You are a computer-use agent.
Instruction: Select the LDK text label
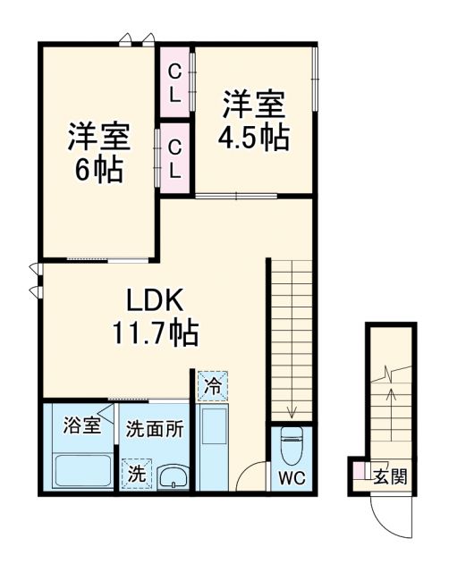pos(154,299)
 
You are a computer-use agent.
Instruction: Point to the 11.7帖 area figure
pos(154,334)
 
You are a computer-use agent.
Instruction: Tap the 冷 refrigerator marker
pos(213,387)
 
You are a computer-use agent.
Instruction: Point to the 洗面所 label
pos(154,428)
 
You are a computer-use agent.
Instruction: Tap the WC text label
pos(292,478)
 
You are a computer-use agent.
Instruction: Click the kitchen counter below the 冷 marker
pos(215,443)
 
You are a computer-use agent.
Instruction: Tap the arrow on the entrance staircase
pos(390,393)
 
